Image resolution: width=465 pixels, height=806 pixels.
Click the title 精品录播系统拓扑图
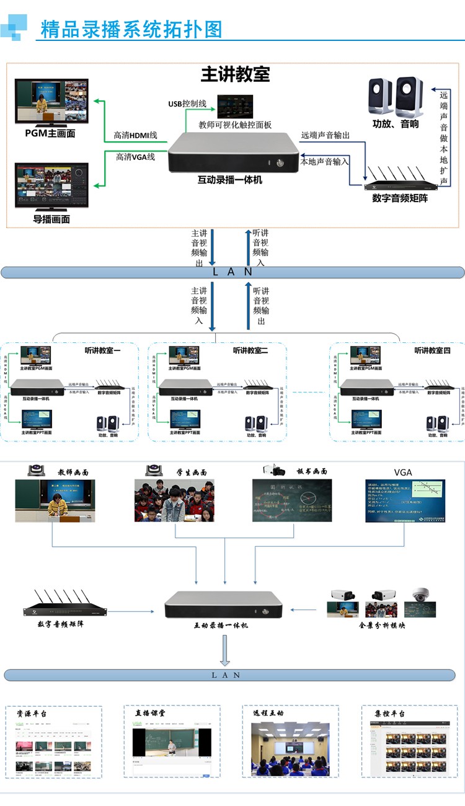[x=131, y=29]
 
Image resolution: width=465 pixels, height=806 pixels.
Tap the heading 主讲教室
[x=235, y=74]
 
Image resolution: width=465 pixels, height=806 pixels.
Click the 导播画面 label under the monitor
[x=51, y=219]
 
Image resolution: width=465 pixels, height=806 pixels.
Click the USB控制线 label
[x=187, y=104]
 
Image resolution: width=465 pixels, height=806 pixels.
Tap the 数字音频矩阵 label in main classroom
[x=399, y=198]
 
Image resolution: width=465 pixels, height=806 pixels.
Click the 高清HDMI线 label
[x=136, y=135]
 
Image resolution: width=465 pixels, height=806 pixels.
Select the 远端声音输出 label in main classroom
[x=325, y=135]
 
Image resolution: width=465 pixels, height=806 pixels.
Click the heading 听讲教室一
[x=103, y=351]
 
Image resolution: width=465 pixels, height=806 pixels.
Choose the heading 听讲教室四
[x=432, y=351]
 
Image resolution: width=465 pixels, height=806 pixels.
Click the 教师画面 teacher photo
[x=55, y=500]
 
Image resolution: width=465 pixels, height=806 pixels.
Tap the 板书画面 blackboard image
[x=291, y=500]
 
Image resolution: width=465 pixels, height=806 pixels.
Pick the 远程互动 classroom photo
[x=290, y=747]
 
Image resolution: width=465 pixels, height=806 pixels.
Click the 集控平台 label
[x=389, y=714]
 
